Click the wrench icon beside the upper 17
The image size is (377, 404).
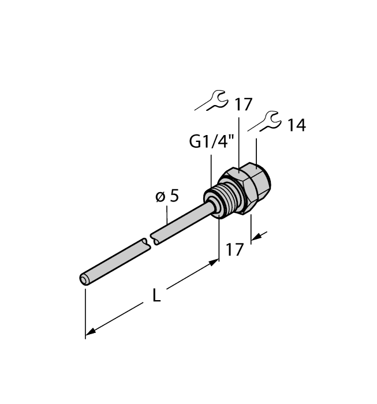click(x=212, y=100)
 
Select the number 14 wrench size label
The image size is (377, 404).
click(x=296, y=125)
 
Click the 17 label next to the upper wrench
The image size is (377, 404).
click(x=244, y=104)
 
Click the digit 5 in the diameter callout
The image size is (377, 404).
click(x=174, y=196)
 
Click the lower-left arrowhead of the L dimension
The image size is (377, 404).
click(x=89, y=333)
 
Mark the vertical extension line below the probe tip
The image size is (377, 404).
click(x=85, y=312)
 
